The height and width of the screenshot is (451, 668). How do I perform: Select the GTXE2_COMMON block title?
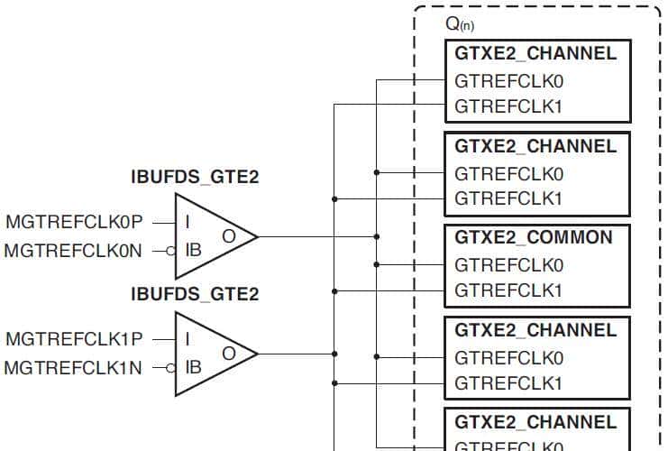click(534, 238)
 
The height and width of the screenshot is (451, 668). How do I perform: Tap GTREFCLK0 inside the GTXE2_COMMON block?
click(508, 265)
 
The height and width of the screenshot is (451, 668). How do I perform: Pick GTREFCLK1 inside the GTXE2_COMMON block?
click(508, 290)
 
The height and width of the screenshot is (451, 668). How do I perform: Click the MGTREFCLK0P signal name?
click(74, 220)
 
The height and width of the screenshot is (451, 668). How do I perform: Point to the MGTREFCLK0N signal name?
click(74, 250)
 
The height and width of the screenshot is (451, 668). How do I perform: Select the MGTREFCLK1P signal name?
click(74, 339)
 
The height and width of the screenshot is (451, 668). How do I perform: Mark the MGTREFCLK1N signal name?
click(74, 368)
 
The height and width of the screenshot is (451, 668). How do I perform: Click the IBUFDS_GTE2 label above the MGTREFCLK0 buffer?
click(195, 178)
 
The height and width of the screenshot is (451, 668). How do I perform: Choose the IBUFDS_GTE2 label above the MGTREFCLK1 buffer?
click(195, 294)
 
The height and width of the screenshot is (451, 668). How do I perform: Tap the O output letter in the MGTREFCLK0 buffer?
click(229, 235)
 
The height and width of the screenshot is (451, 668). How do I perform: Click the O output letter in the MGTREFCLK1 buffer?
click(229, 354)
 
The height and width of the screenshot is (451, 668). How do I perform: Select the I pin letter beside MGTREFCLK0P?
click(187, 221)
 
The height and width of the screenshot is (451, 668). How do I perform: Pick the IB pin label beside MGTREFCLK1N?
click(193, 368)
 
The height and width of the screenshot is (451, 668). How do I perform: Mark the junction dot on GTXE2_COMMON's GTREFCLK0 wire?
click(377, 265)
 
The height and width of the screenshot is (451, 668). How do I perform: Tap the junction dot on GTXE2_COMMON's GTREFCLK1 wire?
click(334, 290)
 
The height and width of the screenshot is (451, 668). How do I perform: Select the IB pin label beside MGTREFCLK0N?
click(193, 250)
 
